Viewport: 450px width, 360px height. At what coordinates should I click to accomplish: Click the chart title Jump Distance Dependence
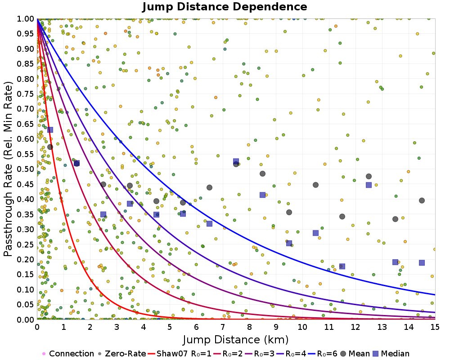click(x=225, y=7)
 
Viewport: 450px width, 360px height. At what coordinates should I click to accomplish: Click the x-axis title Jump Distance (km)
click(x=235, y=339)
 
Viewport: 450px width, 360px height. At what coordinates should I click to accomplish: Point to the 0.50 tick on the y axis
click(x=26, y=169)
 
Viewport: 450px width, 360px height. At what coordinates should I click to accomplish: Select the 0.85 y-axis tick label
click(x=26, y=64)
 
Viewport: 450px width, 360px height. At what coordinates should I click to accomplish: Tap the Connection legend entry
click(x=67, y=354)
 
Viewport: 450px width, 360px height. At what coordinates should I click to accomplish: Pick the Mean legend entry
click(x=354, y=354)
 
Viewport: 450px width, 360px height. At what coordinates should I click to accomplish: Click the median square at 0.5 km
click(x=50, y=130)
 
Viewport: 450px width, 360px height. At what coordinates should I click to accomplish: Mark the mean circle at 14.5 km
click(x=422, y=200)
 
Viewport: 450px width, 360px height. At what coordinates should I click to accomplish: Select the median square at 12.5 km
click(x=369, y=184)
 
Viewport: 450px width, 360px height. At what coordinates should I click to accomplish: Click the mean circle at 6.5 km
click(x=209, y=187)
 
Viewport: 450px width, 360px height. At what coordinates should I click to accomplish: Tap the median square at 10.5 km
click(x=315, y=233)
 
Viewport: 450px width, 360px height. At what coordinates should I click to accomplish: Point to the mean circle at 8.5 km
click(x=262, y=173)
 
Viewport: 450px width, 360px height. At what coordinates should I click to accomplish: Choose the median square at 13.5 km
click(x=395, y=262)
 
